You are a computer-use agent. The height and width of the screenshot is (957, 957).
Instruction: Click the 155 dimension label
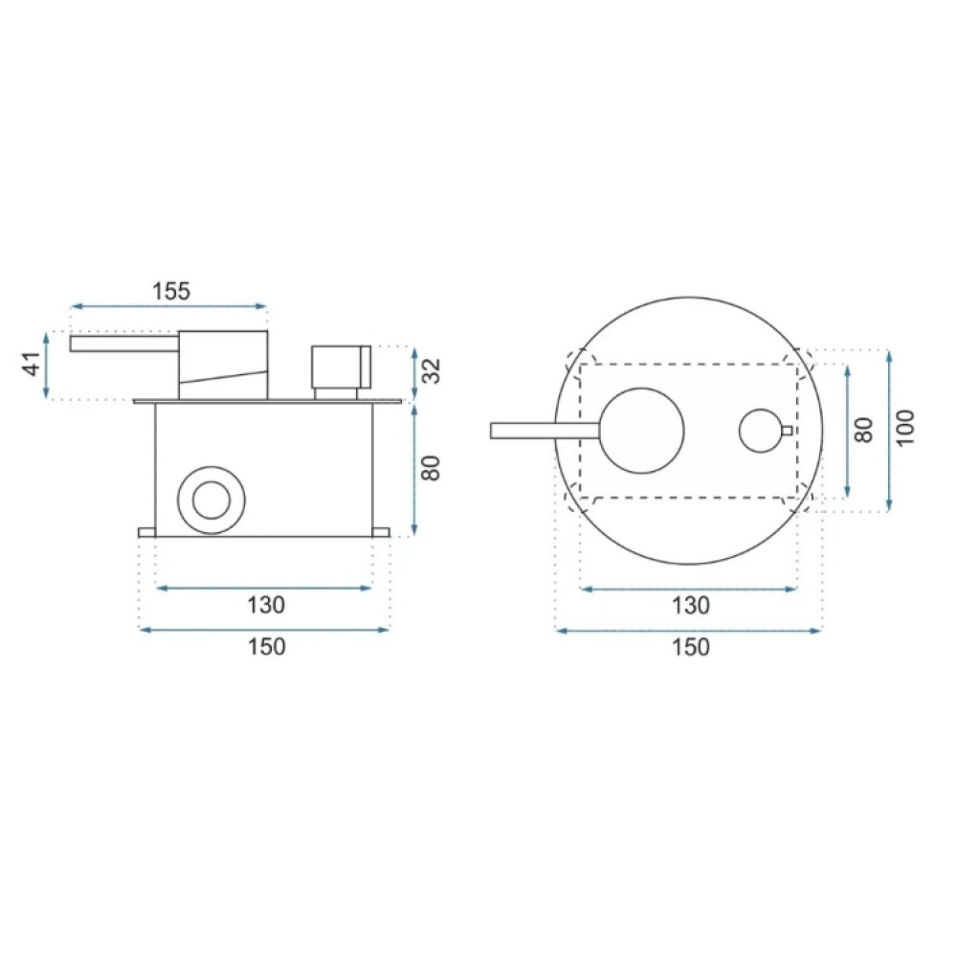pyautogui.click(x=171, y=291)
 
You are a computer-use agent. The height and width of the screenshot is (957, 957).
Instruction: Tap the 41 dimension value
pyautogui.click(x=33, y=365)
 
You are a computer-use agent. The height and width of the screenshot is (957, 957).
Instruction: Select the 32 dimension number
pyautogui.click(x=432, y=370)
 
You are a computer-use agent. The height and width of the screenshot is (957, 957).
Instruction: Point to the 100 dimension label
pyautogui.click(x=906, y=427)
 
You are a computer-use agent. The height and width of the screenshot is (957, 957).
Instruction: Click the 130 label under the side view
pyautogui.click(x=265, y=605)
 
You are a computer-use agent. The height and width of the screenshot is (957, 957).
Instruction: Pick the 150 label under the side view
pyautogui.click(x=266, y=646)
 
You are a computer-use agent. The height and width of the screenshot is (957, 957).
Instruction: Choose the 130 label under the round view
pyautogui.click(x=690, y=606)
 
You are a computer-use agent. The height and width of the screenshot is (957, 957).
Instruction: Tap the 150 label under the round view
pyautogui.click(x=690, y=646)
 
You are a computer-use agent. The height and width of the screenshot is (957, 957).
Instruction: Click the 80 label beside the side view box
pyautogui.click(x=431, y=468)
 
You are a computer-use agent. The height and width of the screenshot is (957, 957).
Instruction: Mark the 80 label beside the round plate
pyautogui.click(x=863, y=430)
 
